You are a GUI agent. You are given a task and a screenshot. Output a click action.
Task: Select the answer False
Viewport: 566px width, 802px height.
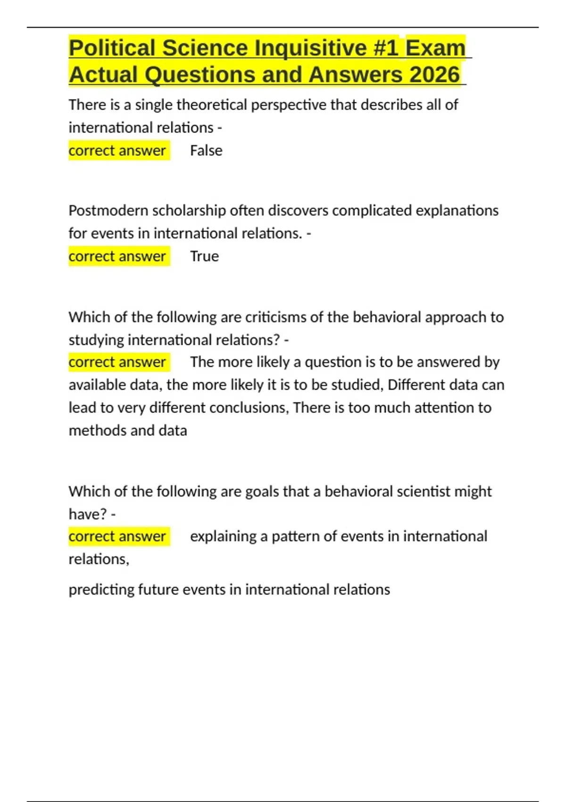[x=206, y=150]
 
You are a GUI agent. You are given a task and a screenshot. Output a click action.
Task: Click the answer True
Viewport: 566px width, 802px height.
[x=204, y=256]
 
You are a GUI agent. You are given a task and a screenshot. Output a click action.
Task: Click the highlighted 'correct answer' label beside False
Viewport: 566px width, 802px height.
[x=117, y=150]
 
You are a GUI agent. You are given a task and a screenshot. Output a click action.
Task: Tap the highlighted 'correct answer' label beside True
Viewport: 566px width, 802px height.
[x=117, y=256]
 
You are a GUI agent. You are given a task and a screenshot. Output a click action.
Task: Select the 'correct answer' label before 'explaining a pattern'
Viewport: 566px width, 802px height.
[x=117, y=536]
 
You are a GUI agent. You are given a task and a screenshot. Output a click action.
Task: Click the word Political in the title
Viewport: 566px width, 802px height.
[x=112, y=48]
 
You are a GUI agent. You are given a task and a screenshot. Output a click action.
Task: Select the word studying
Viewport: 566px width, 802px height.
[x=96, y=340]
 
